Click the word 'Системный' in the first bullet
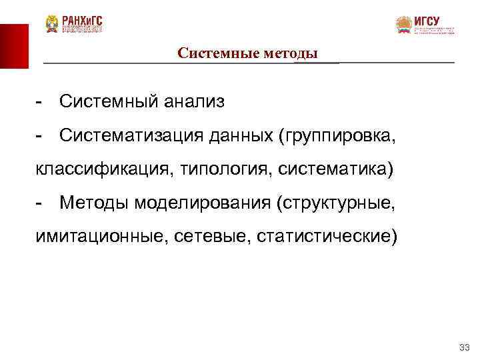point(107,101)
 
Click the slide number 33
point(465,348)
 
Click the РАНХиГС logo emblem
point(52,25)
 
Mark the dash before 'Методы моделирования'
point(41,203)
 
